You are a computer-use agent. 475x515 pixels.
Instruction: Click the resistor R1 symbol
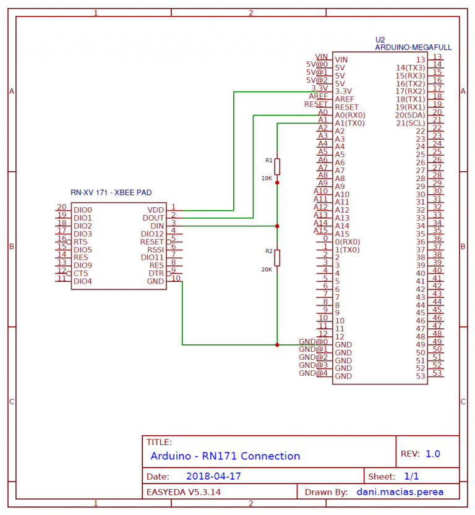(277, 166)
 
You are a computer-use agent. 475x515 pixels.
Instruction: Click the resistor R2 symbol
(277, 258)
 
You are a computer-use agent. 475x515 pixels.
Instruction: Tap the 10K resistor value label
(267, 178)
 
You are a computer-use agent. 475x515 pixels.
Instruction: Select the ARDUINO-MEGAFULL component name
(413, 47)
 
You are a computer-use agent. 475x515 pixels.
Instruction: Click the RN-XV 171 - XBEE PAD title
(111, 193)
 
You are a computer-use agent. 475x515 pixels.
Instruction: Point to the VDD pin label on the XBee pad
(156, 210)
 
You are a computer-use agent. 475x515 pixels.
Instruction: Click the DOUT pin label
(153, 218)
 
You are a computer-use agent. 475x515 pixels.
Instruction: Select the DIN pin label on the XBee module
(157, 226)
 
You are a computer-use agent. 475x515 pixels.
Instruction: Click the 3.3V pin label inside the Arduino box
(344, 92)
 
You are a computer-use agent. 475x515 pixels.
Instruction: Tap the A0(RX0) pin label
(349, 115)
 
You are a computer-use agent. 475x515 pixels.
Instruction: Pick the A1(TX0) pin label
(349, 123)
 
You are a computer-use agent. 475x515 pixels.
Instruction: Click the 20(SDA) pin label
(410, 115)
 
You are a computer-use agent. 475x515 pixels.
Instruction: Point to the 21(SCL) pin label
(410, 123)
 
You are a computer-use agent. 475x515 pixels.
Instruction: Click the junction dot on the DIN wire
(277, 226)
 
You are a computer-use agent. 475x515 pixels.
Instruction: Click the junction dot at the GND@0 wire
(277, 344)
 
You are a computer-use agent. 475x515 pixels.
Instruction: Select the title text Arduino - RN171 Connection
(225, 456)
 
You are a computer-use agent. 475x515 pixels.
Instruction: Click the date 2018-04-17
(213, 477)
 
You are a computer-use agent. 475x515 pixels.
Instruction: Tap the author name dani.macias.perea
(400, 492)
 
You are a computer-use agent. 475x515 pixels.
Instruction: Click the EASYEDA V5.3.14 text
(184, 492)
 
